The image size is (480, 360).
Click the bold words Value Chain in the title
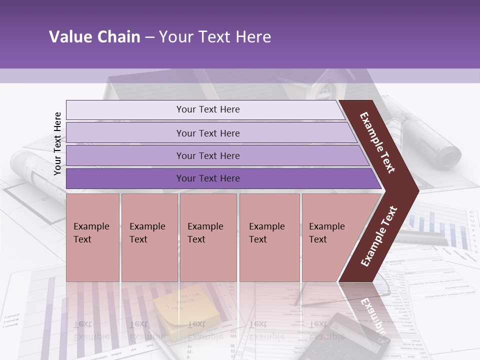click(94, 37)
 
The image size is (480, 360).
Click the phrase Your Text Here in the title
click(215, 37)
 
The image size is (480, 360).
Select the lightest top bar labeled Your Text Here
click(207, 109)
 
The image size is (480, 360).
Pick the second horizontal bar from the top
click(207, 133)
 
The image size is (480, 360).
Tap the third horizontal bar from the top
click(207, 155)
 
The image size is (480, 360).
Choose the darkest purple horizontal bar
click(207, 178)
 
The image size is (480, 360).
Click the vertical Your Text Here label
click(57, 143)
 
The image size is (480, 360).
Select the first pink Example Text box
click(92, 237)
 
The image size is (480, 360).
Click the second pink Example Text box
click(149, 237)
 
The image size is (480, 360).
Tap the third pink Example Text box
click(208, 237)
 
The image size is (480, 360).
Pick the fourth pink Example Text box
click(269, 237)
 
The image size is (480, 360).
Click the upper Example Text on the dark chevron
click(377, 142)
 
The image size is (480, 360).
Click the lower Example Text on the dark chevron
click(379, 236)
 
